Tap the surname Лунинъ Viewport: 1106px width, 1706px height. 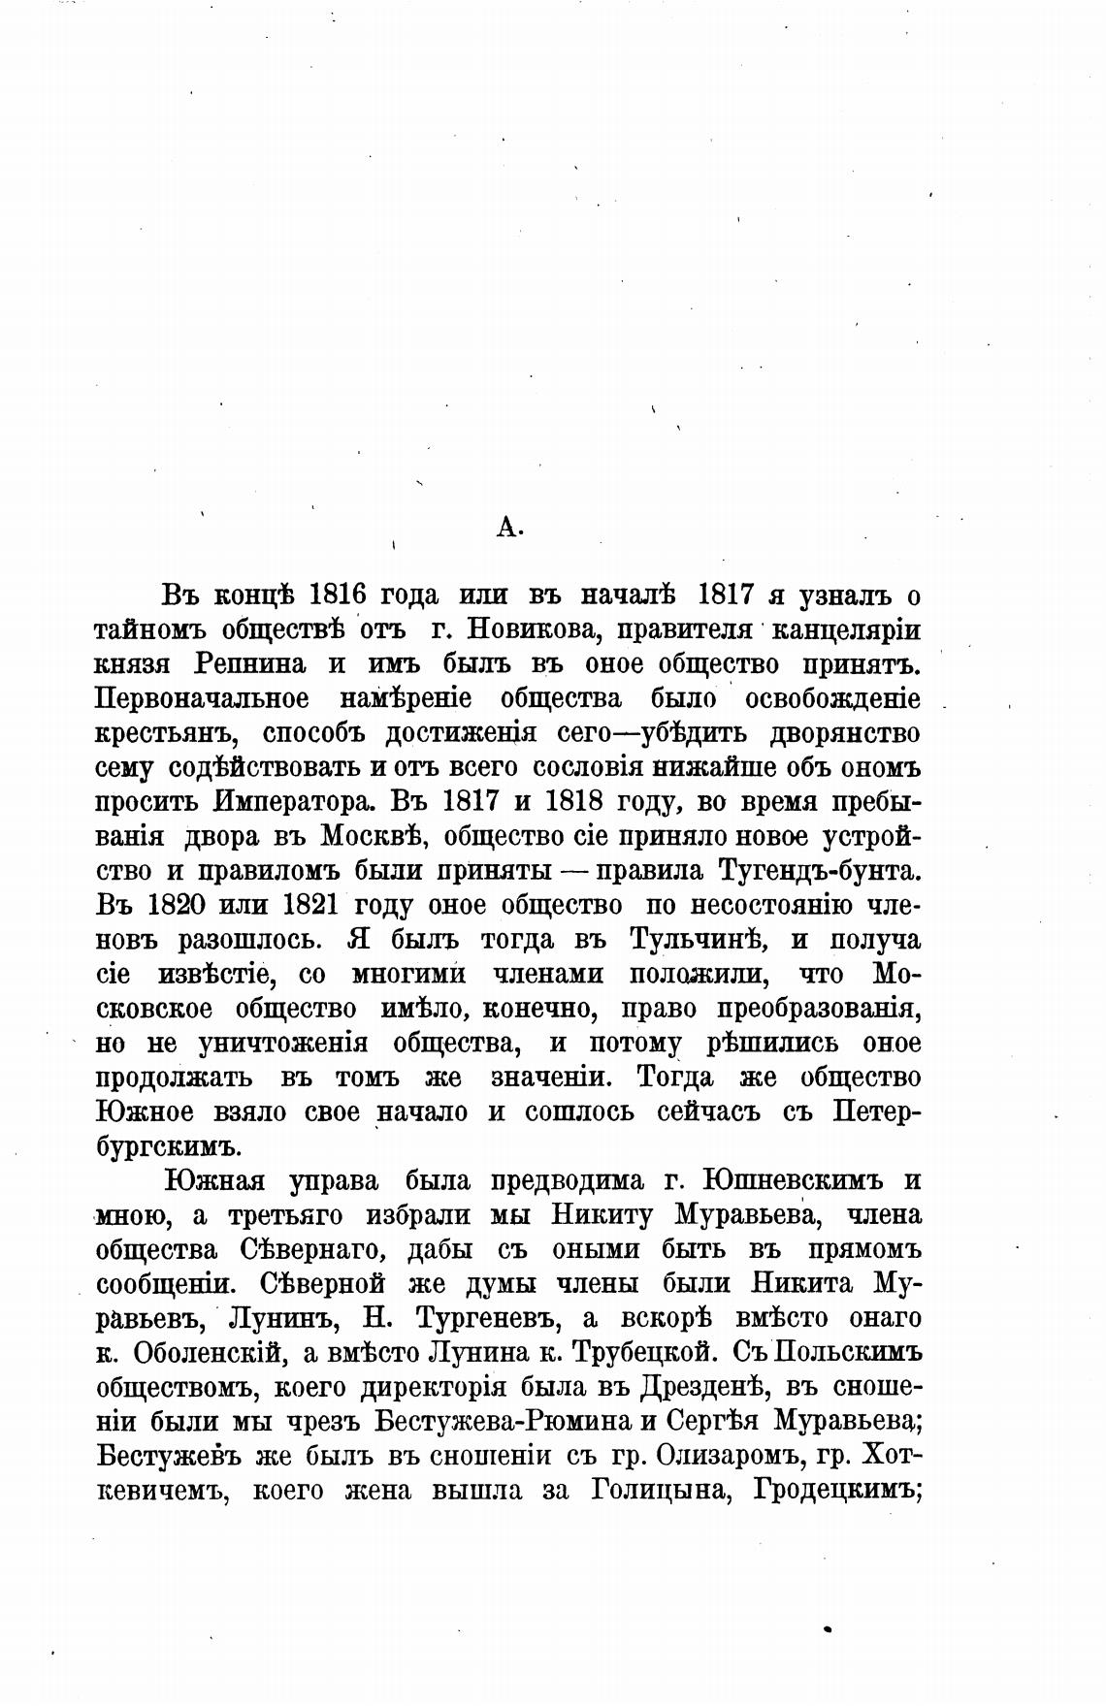(282, 1319)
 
